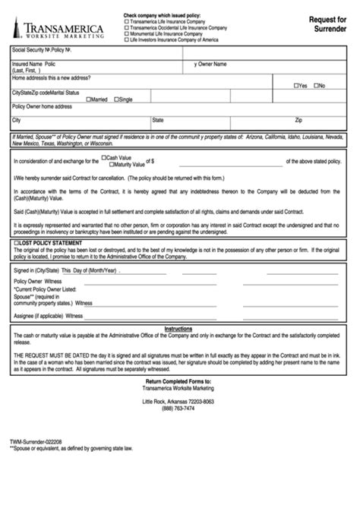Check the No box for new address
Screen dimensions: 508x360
click(x=317, y=86)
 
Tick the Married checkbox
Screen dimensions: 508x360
click(x=89, y=99)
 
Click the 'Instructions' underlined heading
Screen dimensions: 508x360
click(x=179, y=329)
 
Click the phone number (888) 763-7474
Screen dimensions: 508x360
click(x=178, y=408)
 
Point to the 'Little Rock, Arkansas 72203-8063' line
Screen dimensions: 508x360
click(x=178, y=400)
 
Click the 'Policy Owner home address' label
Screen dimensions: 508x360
click(x=43, y=106)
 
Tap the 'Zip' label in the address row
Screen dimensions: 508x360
click(x=298, y=120)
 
